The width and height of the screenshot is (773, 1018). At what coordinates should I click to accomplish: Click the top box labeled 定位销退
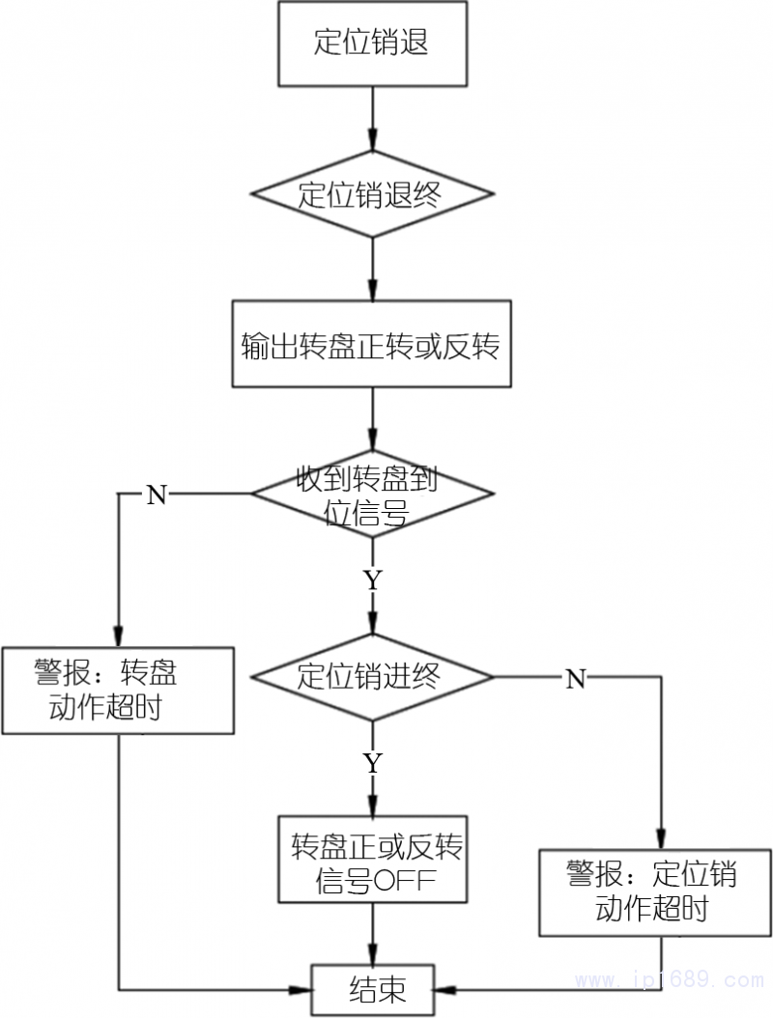(372, 43)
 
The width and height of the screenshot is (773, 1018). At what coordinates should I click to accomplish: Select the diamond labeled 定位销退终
(372, 194)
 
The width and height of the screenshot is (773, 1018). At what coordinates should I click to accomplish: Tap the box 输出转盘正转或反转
(371, 345)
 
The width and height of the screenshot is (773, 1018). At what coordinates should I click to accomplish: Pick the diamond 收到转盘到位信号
(372, 493)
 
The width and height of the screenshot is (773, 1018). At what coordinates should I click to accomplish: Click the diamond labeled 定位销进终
(372, 676)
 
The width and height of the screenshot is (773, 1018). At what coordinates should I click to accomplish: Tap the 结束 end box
(373, 989)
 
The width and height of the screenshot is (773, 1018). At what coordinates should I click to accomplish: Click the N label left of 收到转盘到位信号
(157, 495)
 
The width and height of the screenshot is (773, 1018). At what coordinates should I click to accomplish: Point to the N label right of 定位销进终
(575, 679)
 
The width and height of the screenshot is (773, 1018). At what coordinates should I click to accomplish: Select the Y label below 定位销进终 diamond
(372, 762)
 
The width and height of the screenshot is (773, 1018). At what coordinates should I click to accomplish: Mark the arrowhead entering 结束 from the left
(302, 989)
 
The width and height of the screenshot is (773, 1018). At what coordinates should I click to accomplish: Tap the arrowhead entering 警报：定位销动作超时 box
(663, 840)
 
